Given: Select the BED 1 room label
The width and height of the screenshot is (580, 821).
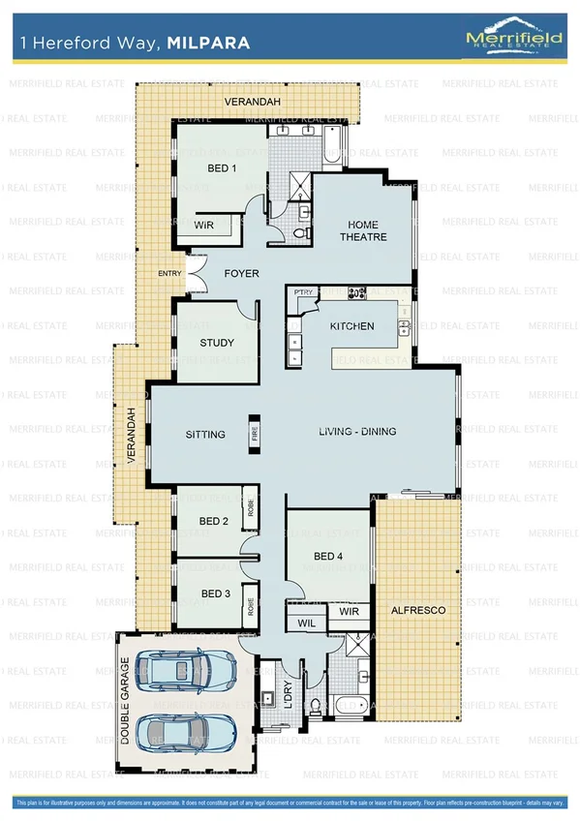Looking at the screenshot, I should (222, 168).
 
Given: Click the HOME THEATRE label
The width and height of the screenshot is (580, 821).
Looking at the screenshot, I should (363, 230).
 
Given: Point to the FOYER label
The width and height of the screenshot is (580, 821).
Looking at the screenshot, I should (241, 274).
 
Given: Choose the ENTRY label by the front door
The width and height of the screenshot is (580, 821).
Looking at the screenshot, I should (169, 274).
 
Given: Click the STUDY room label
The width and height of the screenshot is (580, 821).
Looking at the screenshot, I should (217, 343).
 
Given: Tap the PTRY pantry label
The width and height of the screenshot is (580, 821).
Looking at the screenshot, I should (302, 293).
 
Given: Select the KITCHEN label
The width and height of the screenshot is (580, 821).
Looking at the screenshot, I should (351, 326).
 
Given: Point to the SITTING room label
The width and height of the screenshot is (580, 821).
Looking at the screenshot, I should (205, 435).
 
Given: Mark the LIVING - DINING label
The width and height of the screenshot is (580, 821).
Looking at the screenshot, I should (357, 432).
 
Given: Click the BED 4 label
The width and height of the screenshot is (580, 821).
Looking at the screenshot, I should (328, 557).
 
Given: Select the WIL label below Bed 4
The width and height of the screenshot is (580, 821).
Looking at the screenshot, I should (306, 623).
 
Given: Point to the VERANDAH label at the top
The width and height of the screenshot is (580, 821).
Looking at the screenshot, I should (247, 101).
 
